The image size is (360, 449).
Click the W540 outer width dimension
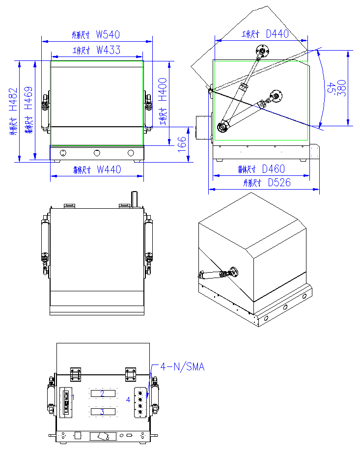point(108,35)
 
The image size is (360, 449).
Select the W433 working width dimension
point(108,50)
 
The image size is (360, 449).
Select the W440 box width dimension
point(109,169)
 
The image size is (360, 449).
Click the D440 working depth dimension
point(277,34)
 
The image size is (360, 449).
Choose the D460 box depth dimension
point(273,169)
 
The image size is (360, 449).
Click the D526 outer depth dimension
point(278,183)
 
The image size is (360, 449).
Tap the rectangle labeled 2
point(103,393)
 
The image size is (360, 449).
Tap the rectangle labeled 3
point(103,411)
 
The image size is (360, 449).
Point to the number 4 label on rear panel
point(129,400)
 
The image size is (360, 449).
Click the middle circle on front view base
point(97,153)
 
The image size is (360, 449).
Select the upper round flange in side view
point(263,51)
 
